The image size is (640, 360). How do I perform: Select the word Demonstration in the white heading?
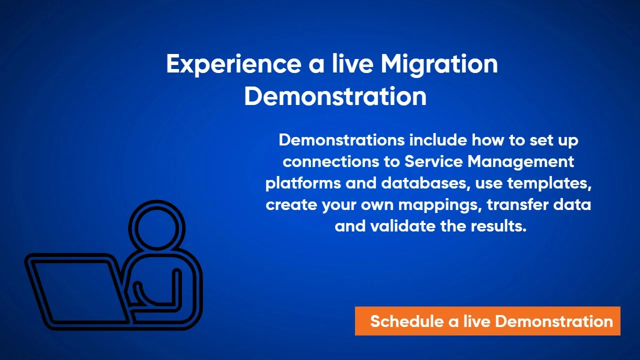tap(335, 96)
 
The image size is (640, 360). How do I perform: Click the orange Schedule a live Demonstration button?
tap(487, 321)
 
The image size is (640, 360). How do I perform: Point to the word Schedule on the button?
tap(406, 321)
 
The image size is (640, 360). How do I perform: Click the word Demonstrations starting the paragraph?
tap(341, 140)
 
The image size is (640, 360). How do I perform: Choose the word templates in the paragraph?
tap(549, 183)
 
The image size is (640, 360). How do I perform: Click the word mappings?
tap(431, 205)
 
